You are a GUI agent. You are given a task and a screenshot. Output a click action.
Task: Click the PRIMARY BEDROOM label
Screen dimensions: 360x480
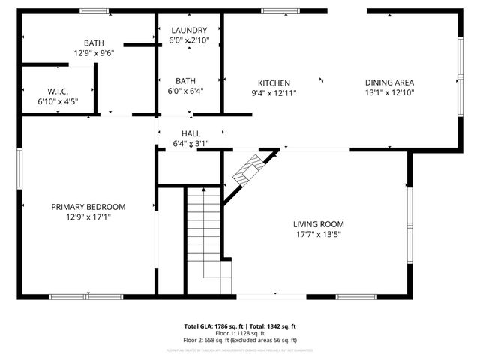pos(88,207)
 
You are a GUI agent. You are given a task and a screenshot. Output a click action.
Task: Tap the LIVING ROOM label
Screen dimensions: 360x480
pos(318,223)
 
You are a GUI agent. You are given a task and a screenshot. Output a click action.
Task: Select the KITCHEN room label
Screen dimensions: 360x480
pos(274,83)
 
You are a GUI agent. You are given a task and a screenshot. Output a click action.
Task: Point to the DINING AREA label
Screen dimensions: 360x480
pos(389,82)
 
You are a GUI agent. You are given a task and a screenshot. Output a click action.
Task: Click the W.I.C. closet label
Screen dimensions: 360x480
pos(58,91)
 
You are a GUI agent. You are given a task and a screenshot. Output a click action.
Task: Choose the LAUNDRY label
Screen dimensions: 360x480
pos(189,30)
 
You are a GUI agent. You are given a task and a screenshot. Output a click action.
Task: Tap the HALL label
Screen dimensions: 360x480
pos(190,133)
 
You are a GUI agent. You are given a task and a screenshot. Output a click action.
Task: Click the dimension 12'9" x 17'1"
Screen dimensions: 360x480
pos(88,217)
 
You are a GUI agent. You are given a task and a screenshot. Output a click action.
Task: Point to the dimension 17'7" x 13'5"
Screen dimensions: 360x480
pos(318,233)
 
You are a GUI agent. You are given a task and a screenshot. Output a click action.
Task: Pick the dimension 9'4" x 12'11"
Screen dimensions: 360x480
pos(274,93)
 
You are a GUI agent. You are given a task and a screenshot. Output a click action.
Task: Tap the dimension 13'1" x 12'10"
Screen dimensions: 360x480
pos(389,92)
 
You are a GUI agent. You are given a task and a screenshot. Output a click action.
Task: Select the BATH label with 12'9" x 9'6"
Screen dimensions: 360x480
pos(94,43)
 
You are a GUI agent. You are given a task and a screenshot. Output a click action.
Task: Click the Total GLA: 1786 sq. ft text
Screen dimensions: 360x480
pos(211,326)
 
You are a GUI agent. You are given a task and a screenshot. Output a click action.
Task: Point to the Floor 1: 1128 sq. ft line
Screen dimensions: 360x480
pos(240,332)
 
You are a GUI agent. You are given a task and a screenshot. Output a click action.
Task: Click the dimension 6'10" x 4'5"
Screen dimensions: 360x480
pos(58,100)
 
